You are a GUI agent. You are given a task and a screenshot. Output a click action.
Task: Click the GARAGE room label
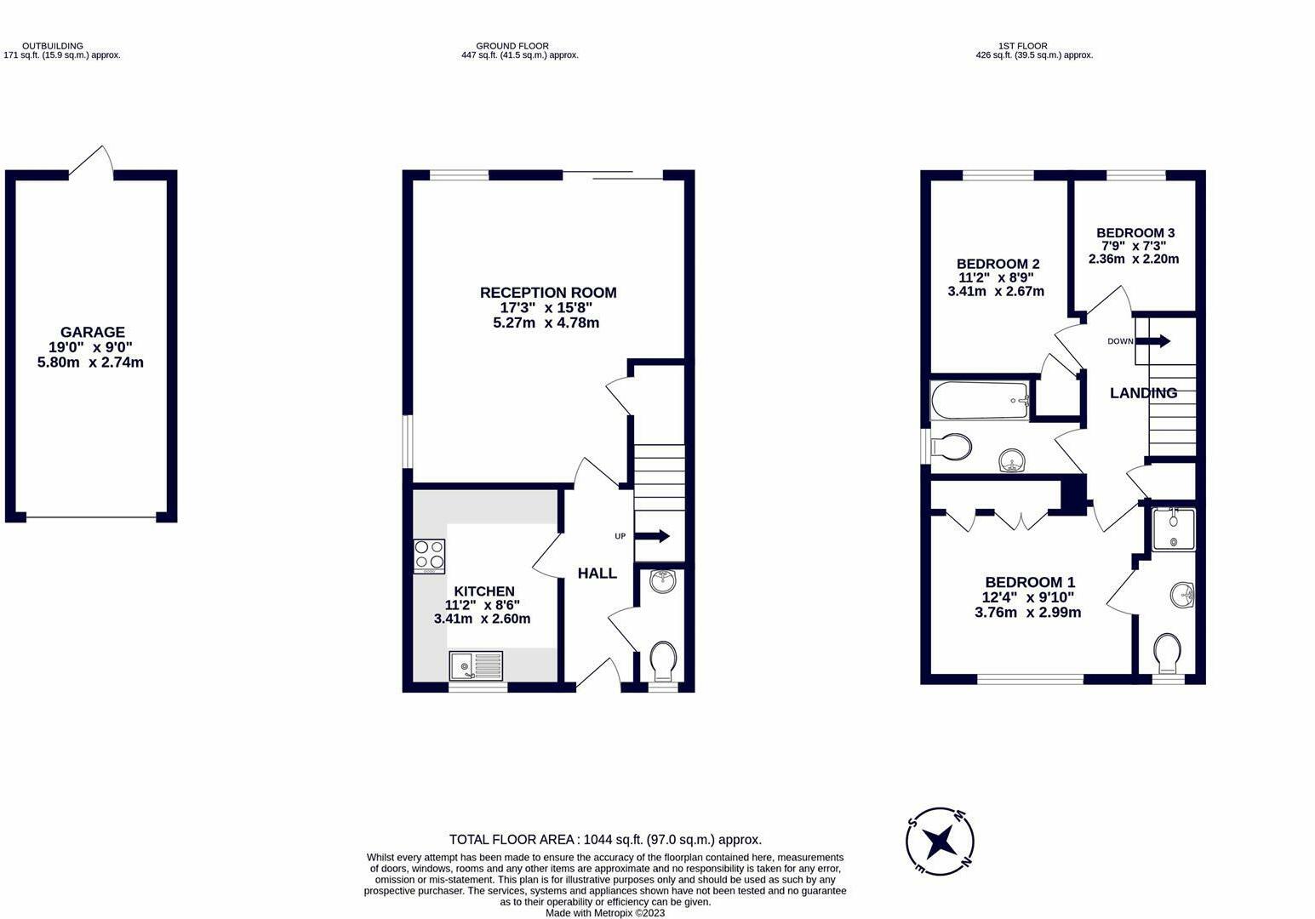[x=92, y=332]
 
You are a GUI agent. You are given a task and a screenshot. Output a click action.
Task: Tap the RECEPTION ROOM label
[x=548, y=293]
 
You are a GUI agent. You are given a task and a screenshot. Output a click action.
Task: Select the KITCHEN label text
[x=483, y=591]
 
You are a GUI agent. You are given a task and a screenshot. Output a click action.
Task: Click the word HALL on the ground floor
[x=597, y=574]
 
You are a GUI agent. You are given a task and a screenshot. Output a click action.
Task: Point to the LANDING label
[x=1143, y=393]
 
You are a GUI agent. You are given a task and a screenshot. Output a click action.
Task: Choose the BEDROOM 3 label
[x=1135, y=232]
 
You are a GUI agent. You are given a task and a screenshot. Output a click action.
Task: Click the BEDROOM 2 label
[x=998, y=264]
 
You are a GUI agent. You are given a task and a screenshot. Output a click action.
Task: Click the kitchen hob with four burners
[x=429, y=556]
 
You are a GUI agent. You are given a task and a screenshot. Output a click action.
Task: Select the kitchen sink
[x=476, y=665]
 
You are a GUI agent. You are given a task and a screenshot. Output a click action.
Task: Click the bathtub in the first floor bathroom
[x=980, y=400]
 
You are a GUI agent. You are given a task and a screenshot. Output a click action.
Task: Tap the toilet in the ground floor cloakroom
[x=662, y=660]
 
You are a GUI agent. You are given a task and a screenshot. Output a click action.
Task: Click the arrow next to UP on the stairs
[x=654, y=536]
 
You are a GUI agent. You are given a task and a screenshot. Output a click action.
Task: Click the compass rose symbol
[x=940, y=842]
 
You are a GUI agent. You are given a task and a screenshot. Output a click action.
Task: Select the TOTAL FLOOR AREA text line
[x=605, y=839]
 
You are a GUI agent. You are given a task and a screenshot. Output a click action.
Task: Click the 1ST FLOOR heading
[x=1023, y=46]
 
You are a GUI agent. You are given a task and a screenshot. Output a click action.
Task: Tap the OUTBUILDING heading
[x=53, y=46]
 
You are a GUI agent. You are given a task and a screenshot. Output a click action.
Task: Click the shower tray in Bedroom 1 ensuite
[x=1173, y=528]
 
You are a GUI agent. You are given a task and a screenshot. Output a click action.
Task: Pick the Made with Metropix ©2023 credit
[x=605, y=913]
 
